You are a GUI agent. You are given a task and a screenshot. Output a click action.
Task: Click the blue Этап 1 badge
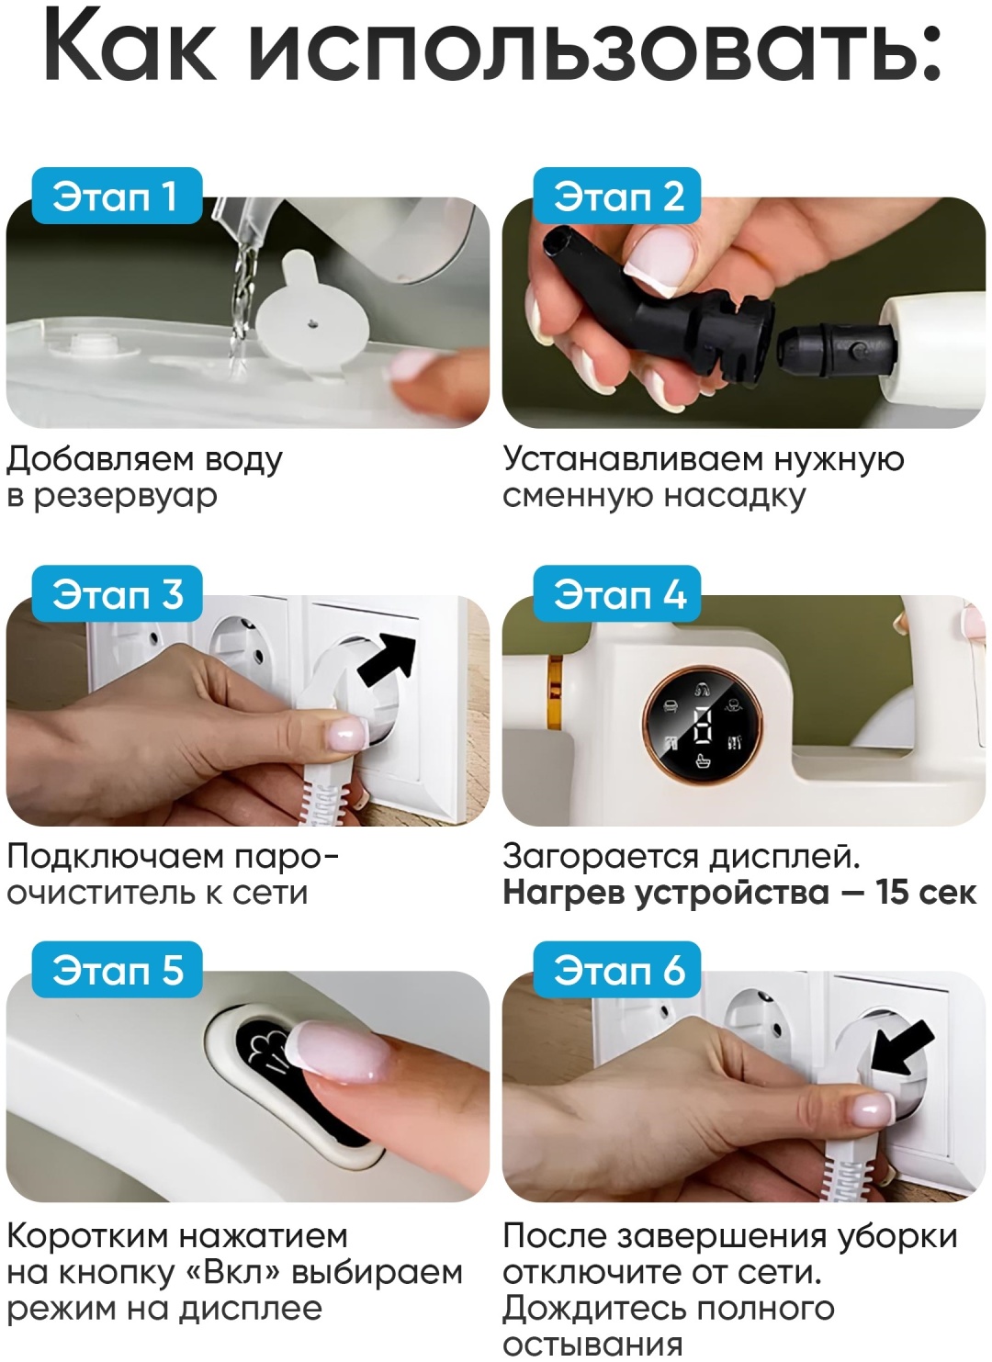tap(116, 196)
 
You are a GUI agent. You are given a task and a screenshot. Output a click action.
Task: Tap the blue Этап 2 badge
tap(616, 196)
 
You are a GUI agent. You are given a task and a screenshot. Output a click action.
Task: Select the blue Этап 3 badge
tap(116, 593)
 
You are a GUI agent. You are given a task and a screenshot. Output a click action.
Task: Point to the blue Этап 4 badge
tap(616, 593)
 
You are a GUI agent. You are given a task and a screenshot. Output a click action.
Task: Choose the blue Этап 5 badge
tap(116, 969)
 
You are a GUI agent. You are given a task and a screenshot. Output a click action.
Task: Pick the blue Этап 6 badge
tap(616, 969)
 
